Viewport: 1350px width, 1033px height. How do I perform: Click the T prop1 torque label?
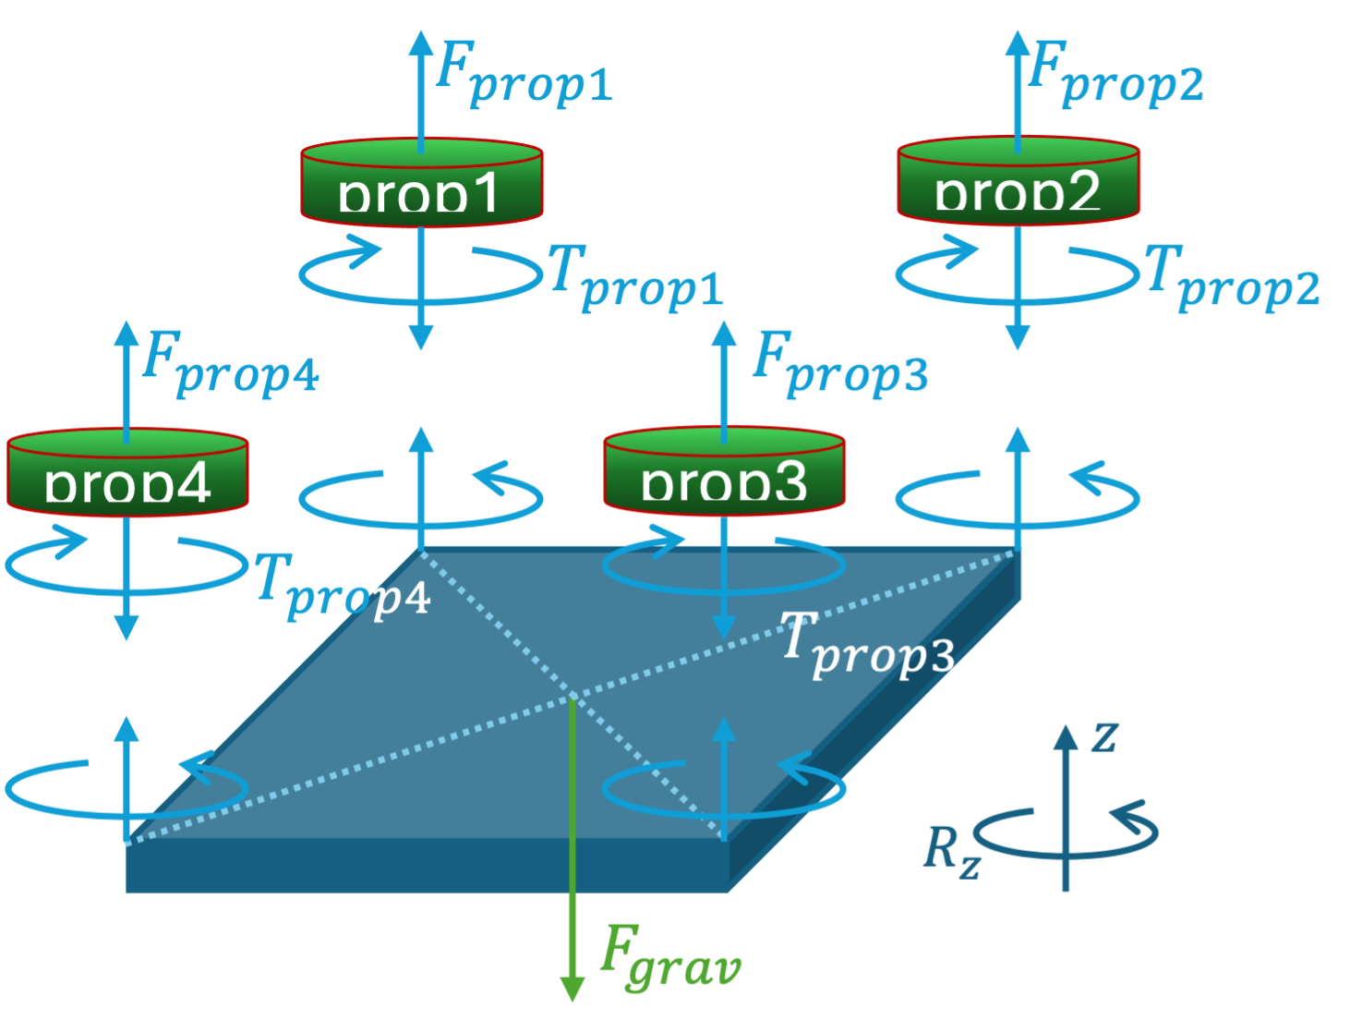(x=635, y=276)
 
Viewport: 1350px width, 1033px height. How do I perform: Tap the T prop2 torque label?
(x=1232, y=276)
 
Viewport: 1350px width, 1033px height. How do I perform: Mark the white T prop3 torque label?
(x=866, y=645)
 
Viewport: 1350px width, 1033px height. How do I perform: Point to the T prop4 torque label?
(x=342, y=585)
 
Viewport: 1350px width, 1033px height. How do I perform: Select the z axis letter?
(x=1104, y=736)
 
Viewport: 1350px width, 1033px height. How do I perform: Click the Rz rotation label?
(x=951, y=850)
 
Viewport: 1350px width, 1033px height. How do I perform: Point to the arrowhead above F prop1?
(x=421, y=42)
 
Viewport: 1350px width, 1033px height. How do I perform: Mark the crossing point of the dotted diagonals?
(x=573, y=694)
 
